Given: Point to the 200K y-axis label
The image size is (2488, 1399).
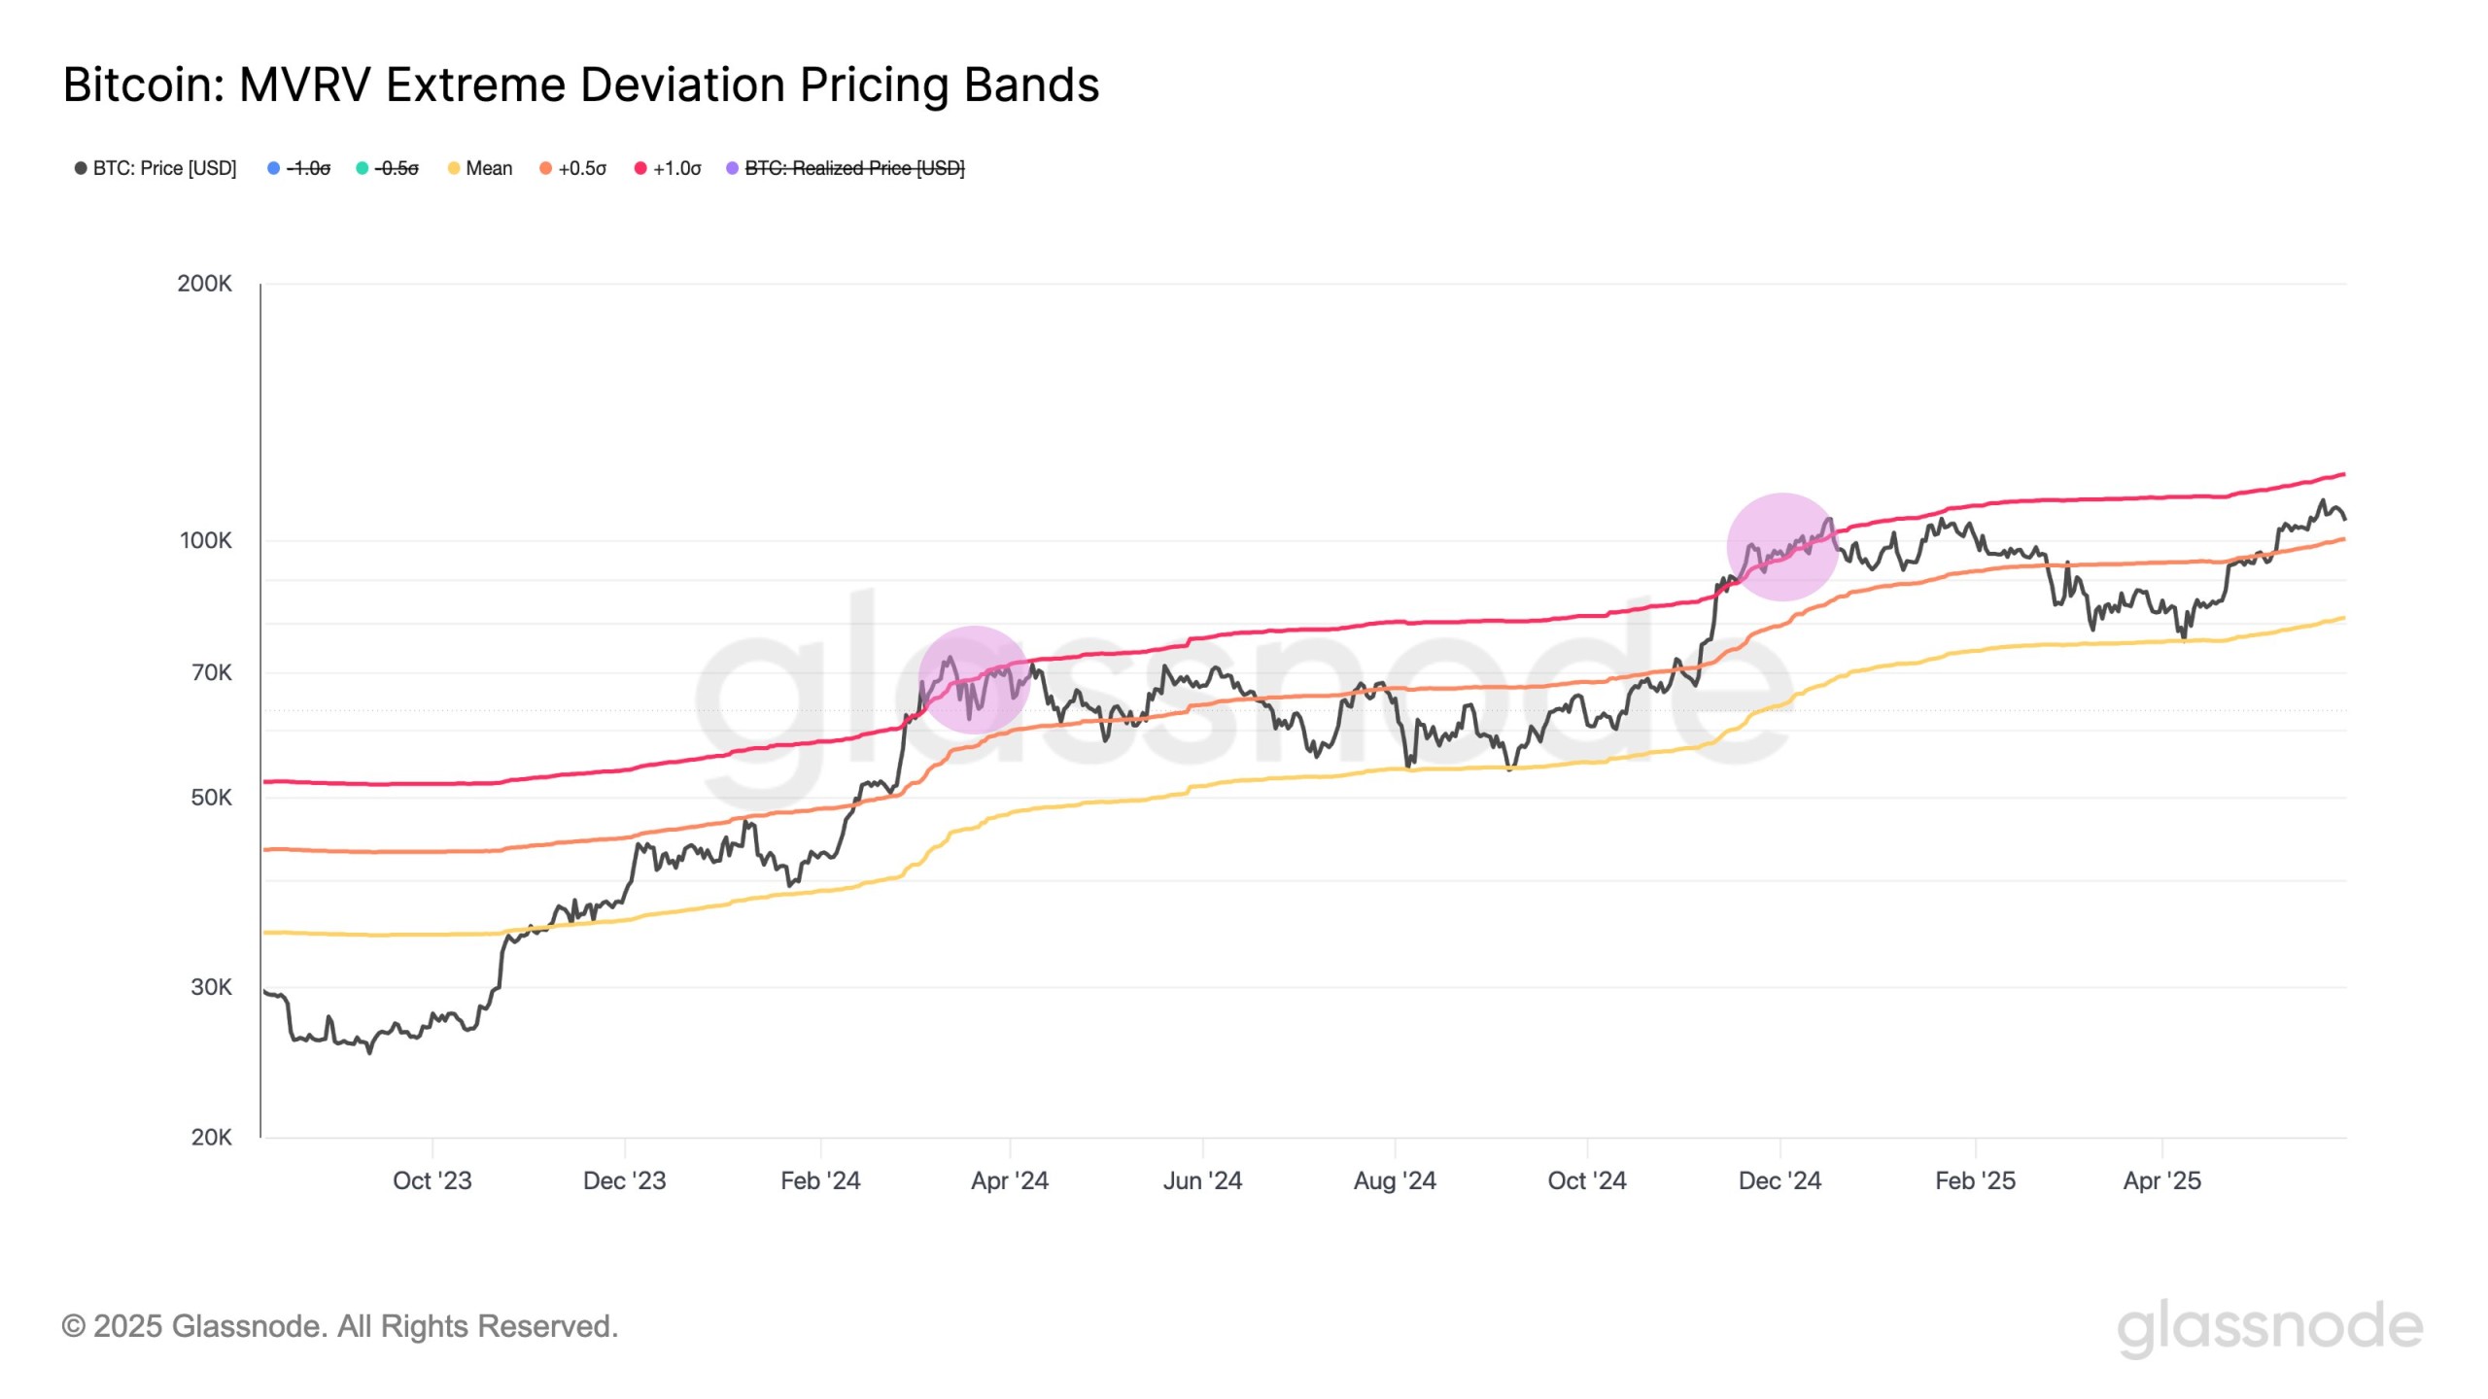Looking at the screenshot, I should point(204,284).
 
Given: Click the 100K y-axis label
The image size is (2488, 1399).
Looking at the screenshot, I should point(205,540).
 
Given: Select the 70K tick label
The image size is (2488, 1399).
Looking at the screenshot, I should point(211,672).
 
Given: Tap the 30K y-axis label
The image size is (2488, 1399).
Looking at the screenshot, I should point(211,987).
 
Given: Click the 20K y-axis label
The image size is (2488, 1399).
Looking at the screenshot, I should point(211,1137).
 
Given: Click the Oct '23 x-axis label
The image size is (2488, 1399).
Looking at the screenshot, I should point(432,1180).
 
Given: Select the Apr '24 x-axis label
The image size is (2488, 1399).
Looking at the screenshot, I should point(1009,1180).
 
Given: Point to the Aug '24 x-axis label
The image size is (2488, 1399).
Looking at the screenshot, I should point(1394,1180).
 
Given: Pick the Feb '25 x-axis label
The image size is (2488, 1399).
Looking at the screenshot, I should point(1974,1180).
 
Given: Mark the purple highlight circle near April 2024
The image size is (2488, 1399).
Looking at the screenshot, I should point(973,679).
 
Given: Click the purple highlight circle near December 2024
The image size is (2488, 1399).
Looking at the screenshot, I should point(1781,546).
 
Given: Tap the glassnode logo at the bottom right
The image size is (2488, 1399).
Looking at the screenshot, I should point(2269,1327).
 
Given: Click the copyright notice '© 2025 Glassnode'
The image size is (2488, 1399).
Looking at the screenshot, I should point(339,1326).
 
